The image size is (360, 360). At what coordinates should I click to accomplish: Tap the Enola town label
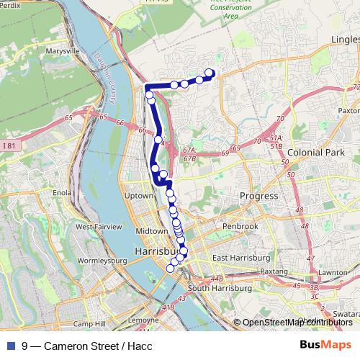pyautogui.click(x=63, y=193)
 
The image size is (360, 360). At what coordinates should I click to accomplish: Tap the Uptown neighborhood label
pyautogui.click(x=140, y=196)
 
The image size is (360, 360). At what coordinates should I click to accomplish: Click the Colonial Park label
pyautogui.click(x=312, y=153)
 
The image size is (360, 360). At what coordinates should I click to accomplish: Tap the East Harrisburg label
pyautogui.click(x=241, y=258)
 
